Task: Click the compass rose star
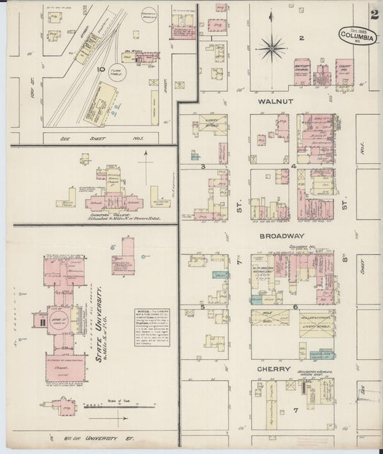point(271,49)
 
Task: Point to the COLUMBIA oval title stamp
point(357,35)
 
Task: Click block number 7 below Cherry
point(295,410)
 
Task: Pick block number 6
point(295,307)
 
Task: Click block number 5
point(203,307)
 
